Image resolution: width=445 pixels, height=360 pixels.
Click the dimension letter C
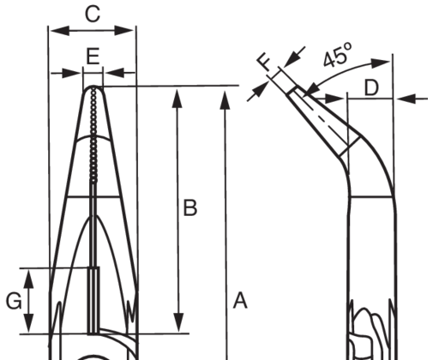coord(93,15)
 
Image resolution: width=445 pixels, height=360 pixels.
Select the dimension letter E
coord(93,57)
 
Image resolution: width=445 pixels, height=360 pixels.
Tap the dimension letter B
coord(190,207)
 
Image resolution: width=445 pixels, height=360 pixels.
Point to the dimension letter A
coord(240,301)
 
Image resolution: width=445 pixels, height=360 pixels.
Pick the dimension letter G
coord(14,301)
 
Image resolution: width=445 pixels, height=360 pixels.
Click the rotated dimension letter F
coord(264,63)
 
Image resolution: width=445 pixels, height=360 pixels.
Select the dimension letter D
coord(371,87)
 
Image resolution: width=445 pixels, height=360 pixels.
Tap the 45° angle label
coord(338,55)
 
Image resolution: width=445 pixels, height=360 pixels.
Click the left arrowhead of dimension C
coord(60,31)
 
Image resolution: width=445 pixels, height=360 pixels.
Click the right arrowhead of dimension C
coord(124,30)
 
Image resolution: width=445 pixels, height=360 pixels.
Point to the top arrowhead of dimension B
coord(177,99)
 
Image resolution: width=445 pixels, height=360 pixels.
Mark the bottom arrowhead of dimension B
coord(178,322)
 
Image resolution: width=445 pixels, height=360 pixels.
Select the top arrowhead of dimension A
coord(225,100)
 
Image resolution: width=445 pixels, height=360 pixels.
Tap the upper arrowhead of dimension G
coord(28,279)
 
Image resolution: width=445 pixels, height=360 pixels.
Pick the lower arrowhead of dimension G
coord(28,323)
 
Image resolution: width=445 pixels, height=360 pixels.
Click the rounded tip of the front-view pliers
coord(93,87)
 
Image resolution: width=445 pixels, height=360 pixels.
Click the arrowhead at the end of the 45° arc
coord(381,63)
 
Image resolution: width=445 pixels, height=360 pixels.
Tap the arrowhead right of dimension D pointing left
coord(406,99)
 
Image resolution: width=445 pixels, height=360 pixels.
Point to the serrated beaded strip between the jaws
coord(93,135)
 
